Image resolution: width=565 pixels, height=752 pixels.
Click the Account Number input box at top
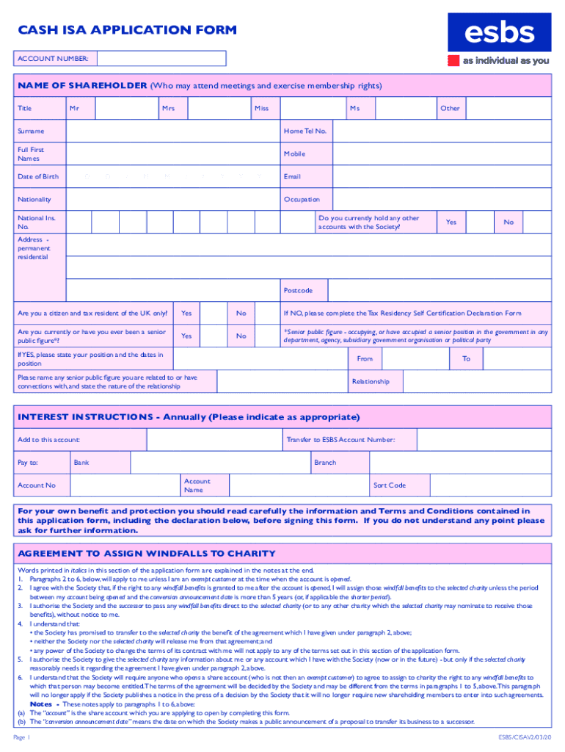(161, 58)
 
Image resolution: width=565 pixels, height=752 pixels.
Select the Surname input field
(174, 131)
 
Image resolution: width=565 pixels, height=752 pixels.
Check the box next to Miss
(309, 109)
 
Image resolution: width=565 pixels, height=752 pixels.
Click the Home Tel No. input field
(441, 131)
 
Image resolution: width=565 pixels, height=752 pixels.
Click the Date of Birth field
(174, 177)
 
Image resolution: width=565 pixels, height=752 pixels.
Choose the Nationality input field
(174, 200)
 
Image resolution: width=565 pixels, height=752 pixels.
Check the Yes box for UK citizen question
(213, 314)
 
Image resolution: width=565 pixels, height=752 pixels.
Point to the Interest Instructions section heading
(189, 417)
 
